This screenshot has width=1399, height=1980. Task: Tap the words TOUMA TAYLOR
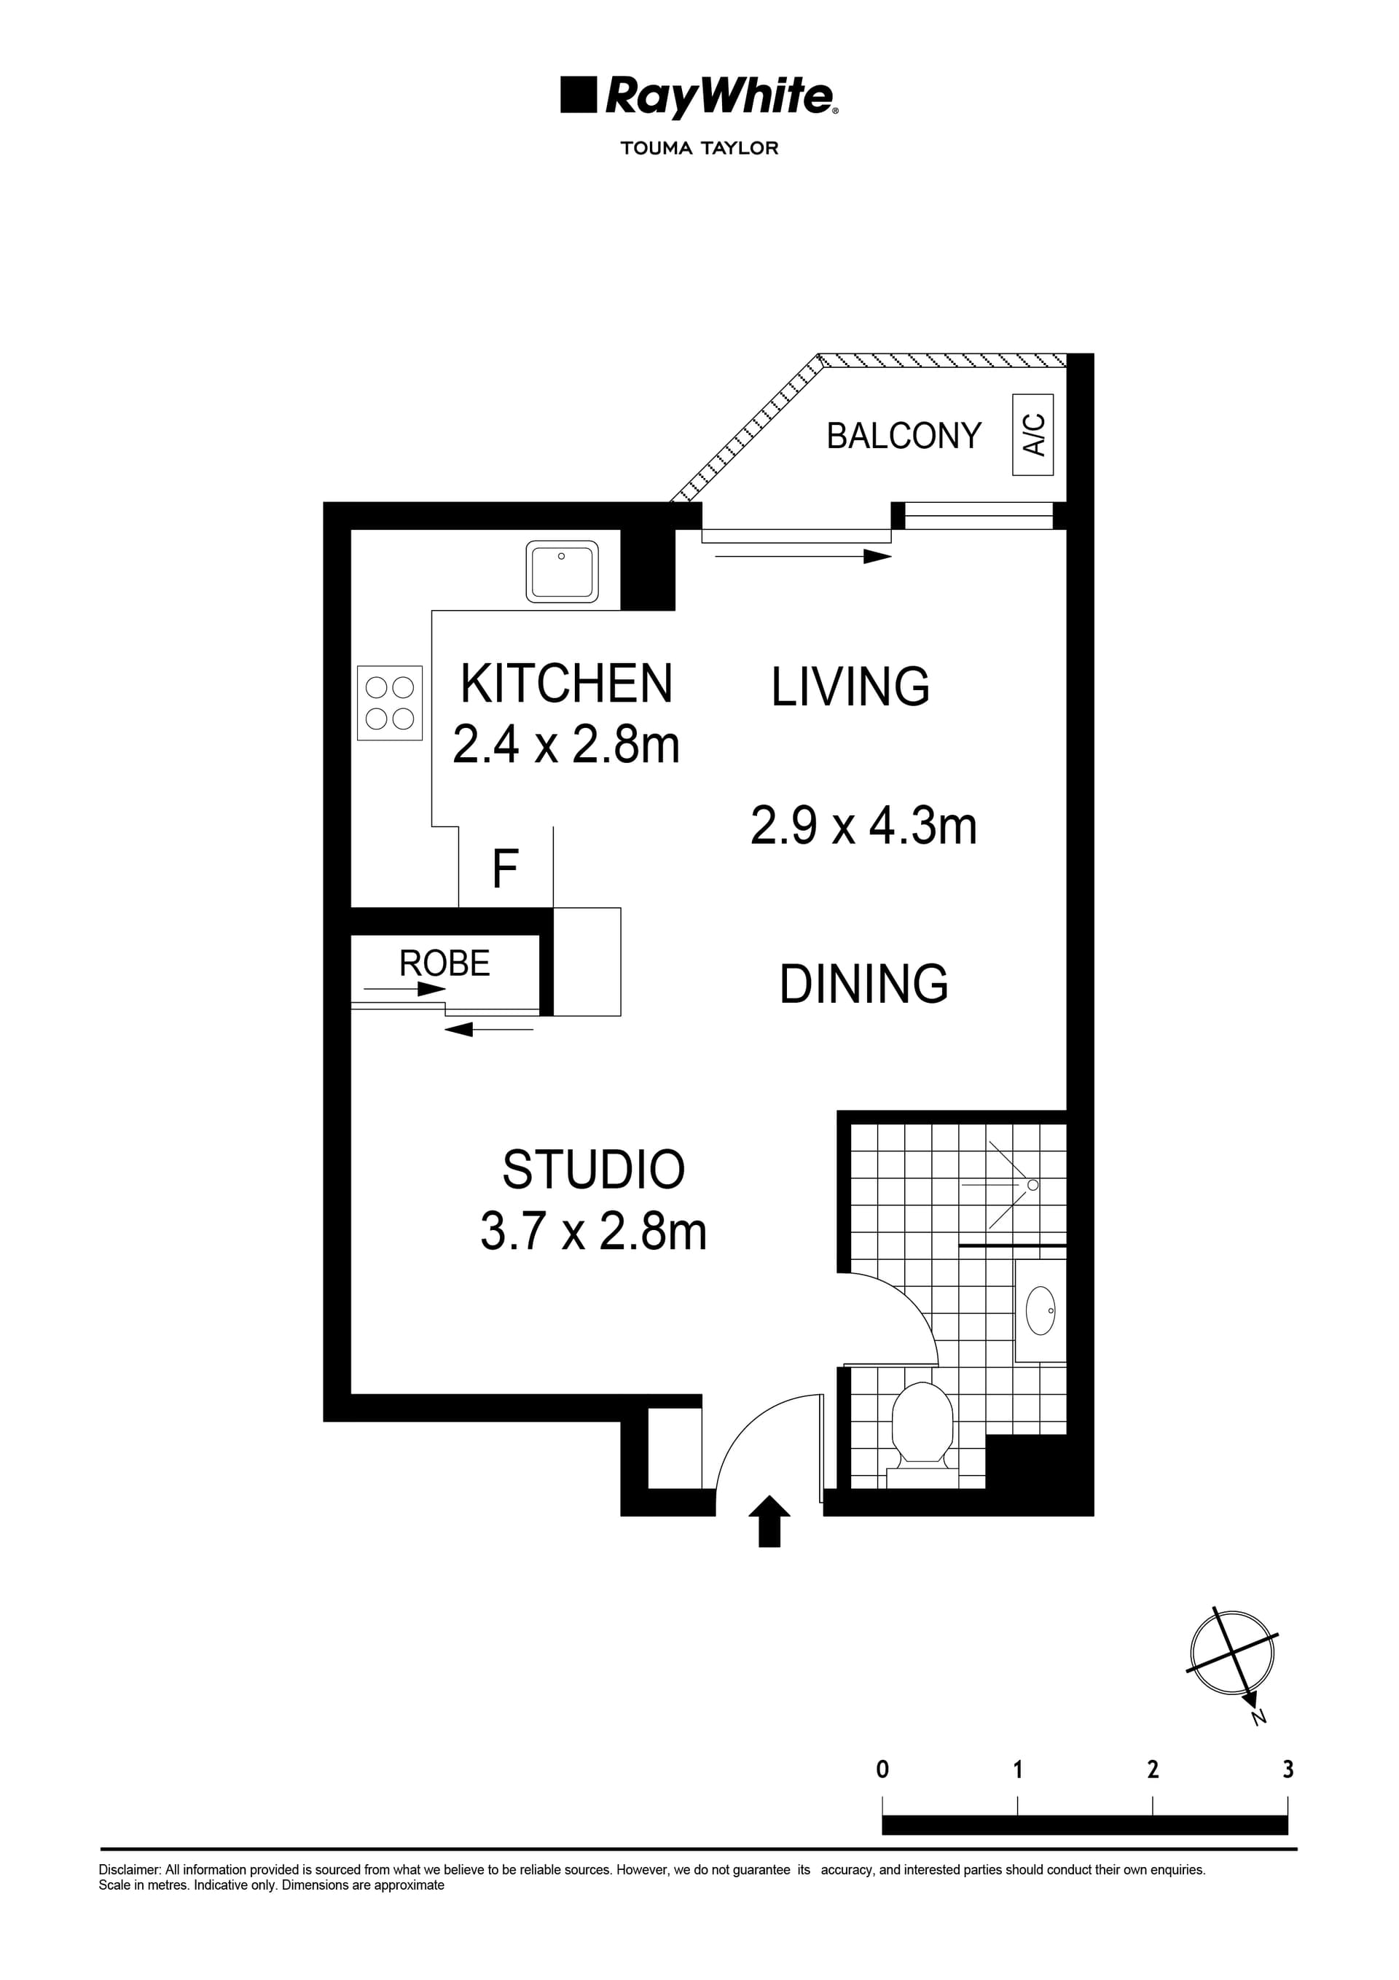699,149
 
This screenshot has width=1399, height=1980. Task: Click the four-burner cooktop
390,703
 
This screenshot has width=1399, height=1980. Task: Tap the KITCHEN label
566,684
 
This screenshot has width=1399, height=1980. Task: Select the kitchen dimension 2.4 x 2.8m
566,744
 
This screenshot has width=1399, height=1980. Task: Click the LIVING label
850,687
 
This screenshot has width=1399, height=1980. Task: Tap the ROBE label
444,963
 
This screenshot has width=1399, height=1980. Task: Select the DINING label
863,984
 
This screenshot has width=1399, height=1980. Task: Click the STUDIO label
593,1170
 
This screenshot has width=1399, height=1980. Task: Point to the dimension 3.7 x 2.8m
593,1232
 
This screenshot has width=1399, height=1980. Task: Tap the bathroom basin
1041,1311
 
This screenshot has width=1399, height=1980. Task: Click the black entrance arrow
769,1522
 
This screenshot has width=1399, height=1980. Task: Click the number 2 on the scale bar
1152,1769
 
